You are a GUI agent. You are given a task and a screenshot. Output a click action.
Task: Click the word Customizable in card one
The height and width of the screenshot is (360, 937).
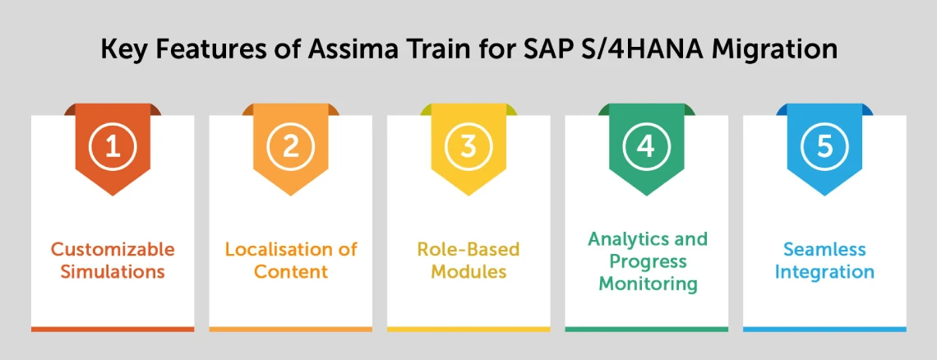(x=113, y=249)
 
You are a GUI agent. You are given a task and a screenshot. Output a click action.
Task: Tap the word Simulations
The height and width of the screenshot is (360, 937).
(x=113, y=271)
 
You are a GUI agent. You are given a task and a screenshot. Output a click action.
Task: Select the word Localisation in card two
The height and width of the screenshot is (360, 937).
(x=273, y=249)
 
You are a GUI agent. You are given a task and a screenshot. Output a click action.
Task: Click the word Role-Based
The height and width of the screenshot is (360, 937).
(x=468, y=249)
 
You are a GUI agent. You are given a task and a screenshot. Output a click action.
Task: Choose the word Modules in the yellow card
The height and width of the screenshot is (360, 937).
(x=468, y=271)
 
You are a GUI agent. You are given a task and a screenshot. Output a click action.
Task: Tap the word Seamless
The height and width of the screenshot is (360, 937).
(x=824, y=249)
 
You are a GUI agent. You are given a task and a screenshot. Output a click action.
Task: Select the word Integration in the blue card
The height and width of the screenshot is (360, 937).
(x=824, y=271)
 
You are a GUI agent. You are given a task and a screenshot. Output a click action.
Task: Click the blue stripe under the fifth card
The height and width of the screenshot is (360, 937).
(x=824, y=329)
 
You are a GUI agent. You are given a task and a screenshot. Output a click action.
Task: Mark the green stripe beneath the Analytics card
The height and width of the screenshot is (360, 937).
(x=646, y=329)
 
